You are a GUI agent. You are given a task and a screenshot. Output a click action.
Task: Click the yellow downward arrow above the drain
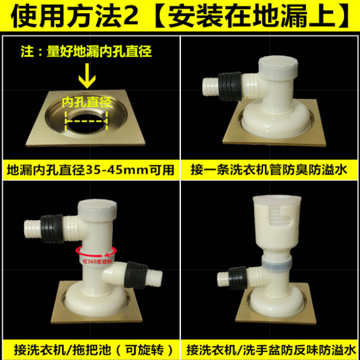pos(87,76)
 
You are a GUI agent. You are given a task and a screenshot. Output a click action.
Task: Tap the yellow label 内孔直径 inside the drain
pos(87,102)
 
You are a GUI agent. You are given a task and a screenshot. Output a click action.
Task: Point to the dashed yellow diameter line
pos(86,121)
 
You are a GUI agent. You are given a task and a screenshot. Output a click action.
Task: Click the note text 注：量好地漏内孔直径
pos(86,51)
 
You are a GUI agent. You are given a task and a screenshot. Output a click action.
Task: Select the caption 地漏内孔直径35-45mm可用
pos(91,170)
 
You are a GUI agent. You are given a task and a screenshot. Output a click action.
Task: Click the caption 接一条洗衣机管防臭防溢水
pos(269,170)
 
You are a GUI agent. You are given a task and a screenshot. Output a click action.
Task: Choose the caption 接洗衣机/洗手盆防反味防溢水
pos(271,350)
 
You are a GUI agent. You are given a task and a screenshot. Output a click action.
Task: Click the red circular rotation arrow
pos(96,252)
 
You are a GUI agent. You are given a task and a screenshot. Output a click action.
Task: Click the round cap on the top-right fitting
pos(278,66)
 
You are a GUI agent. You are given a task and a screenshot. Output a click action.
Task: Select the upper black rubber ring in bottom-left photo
pos(52,229)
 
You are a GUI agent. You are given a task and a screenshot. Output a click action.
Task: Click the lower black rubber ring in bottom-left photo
pos(137,275)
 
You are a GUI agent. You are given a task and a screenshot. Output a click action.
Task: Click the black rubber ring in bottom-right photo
pos(238,278)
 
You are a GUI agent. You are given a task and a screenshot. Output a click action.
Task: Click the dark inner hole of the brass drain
pos(86,123)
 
